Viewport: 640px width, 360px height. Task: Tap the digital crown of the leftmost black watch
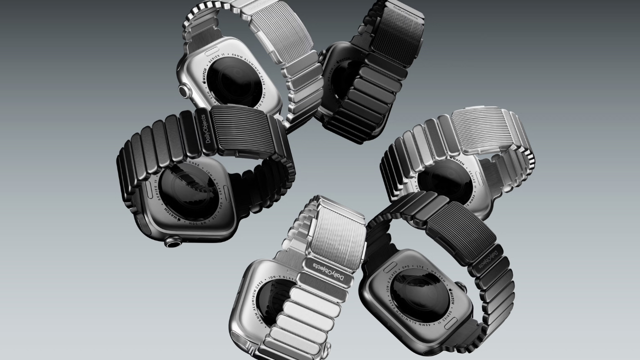[x=173, y=242]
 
